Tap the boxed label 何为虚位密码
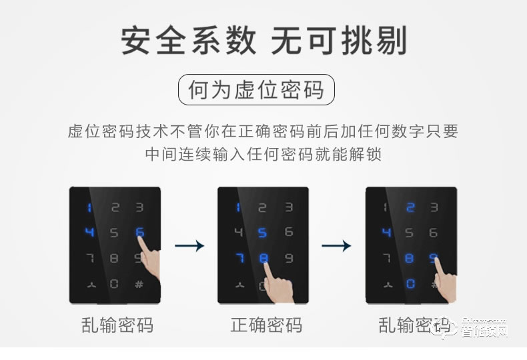pyautogui.click(x=255, y=90)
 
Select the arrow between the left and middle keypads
pyautogui.click(x=189, y=246)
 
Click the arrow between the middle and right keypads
pyautogui.click(x=336, y=246)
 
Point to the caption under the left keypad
pyautogui.click(x=117, y=325)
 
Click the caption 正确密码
pyautogui.click(x=266, y=325)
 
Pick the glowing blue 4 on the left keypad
pyautogui.click(x=89, y=233)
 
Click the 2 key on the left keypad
pyautogui.click(x=114, y=208)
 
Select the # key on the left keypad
pyautogui.click(x=139, y=284)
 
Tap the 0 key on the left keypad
pyautogui.click(x=114, y=284)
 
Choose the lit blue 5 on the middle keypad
pyautogui.click(x=263, y=233)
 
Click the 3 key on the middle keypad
pyautogui.click(x=288, y=208)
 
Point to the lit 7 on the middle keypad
pyautogui.click(x=238, y=259)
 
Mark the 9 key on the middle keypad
pyautogui.click(x=288, y=259)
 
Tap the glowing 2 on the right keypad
pyautogui.click(x=410, y=208)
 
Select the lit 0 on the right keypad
pyautogui.click(x=410, y=284)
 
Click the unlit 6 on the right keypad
pyautogui.click(x=435, y=233)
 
